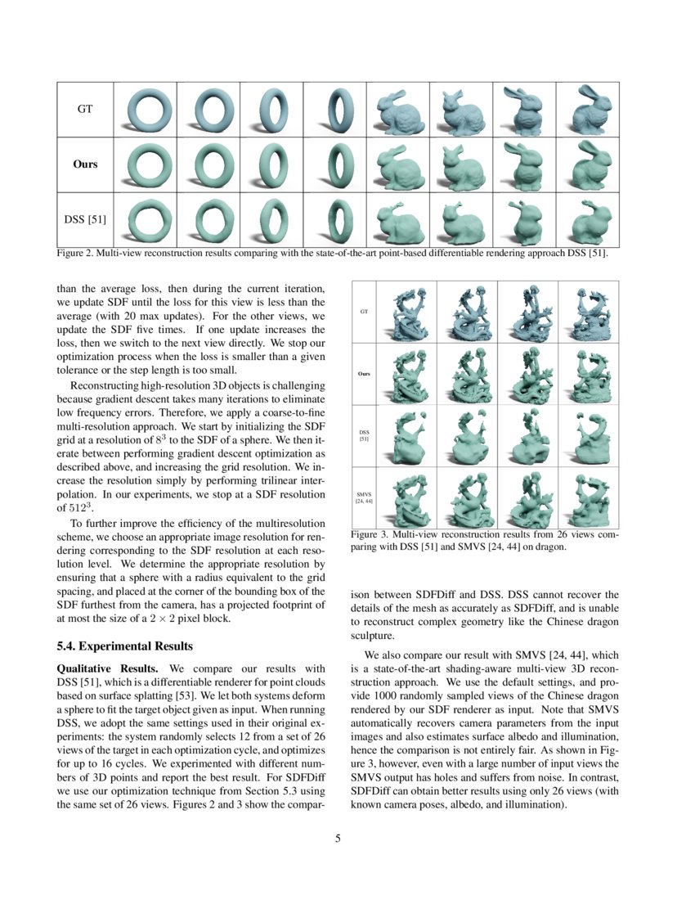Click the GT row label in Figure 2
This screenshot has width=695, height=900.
tap(84, 109)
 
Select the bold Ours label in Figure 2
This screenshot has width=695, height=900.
tap(84, 164)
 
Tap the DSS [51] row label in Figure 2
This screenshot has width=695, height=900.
tap(84, 218)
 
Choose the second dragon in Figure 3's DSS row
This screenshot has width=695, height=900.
tap(466, 435)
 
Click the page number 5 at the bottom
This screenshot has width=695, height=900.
tap(338, 838)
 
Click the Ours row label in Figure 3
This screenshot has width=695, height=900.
tap(364, 374)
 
